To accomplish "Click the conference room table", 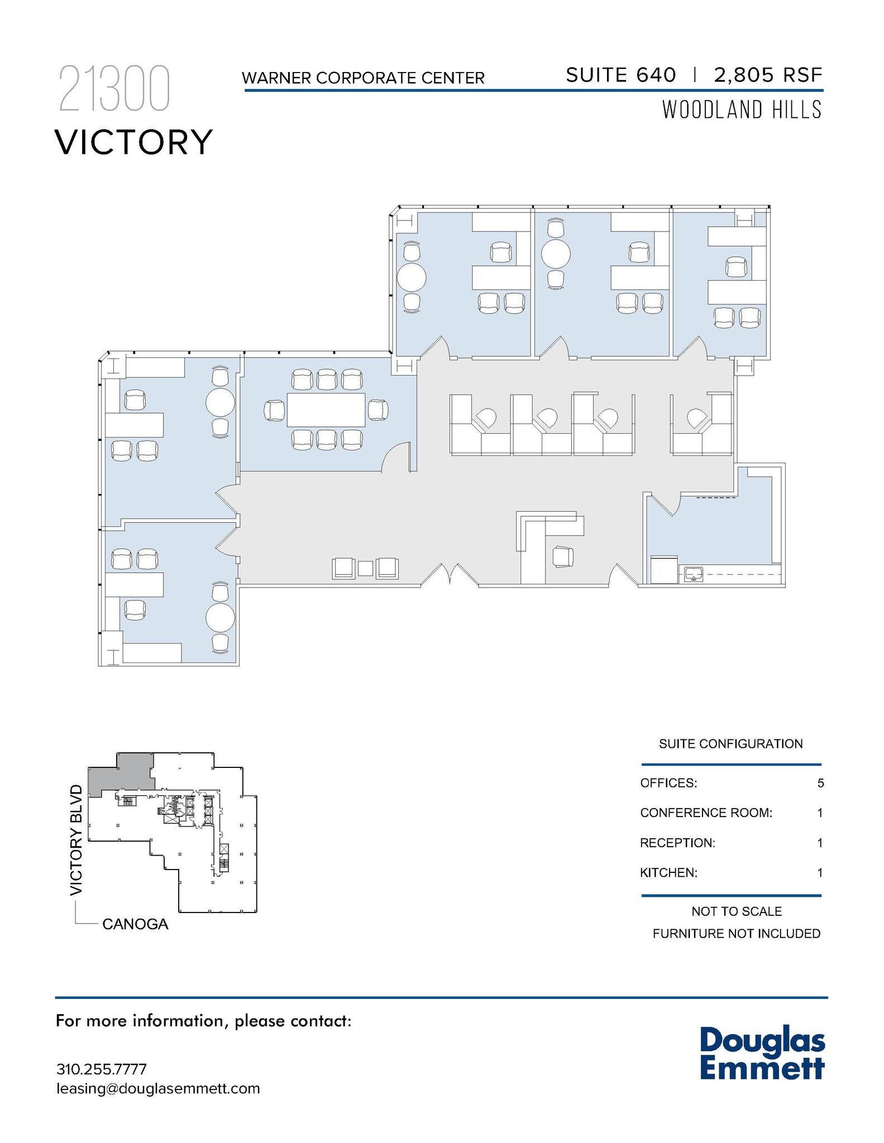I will pyautogui.click(x=326, y=410).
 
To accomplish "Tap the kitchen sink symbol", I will pyautogui.click(x=693, y=574).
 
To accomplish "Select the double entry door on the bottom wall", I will pyautogui.click(x=450, y=575).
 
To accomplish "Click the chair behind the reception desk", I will pyautogui.click(x=563, y=556).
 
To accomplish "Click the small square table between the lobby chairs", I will pyautogui.click(x=365, y=568).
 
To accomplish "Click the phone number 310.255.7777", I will pyautogui.click(x=101, y=1069).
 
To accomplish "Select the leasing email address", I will pyautogui.click(x=158, y=1088).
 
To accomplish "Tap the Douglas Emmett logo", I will pyautogui.click(x=762, y=1054).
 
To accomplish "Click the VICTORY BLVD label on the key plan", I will pyautogui.click(x=77, y=840).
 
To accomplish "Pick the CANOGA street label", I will pyautogui.click(x=135, y=924).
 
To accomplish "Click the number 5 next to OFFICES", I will pyautogui.click(x=820, y=783).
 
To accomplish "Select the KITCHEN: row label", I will pyautogui.click(x=668, y=872).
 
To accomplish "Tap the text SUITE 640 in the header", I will pyautogui.click(x=620, y=75).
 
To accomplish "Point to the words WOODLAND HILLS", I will pyautogui.click(x=742, y=109).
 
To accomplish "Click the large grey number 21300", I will pyautogui.click(x=114, y=89).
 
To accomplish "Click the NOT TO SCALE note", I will pyautogui.click(x=736, y=911).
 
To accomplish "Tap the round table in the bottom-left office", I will pyautogui.click(x=220, y=618).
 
